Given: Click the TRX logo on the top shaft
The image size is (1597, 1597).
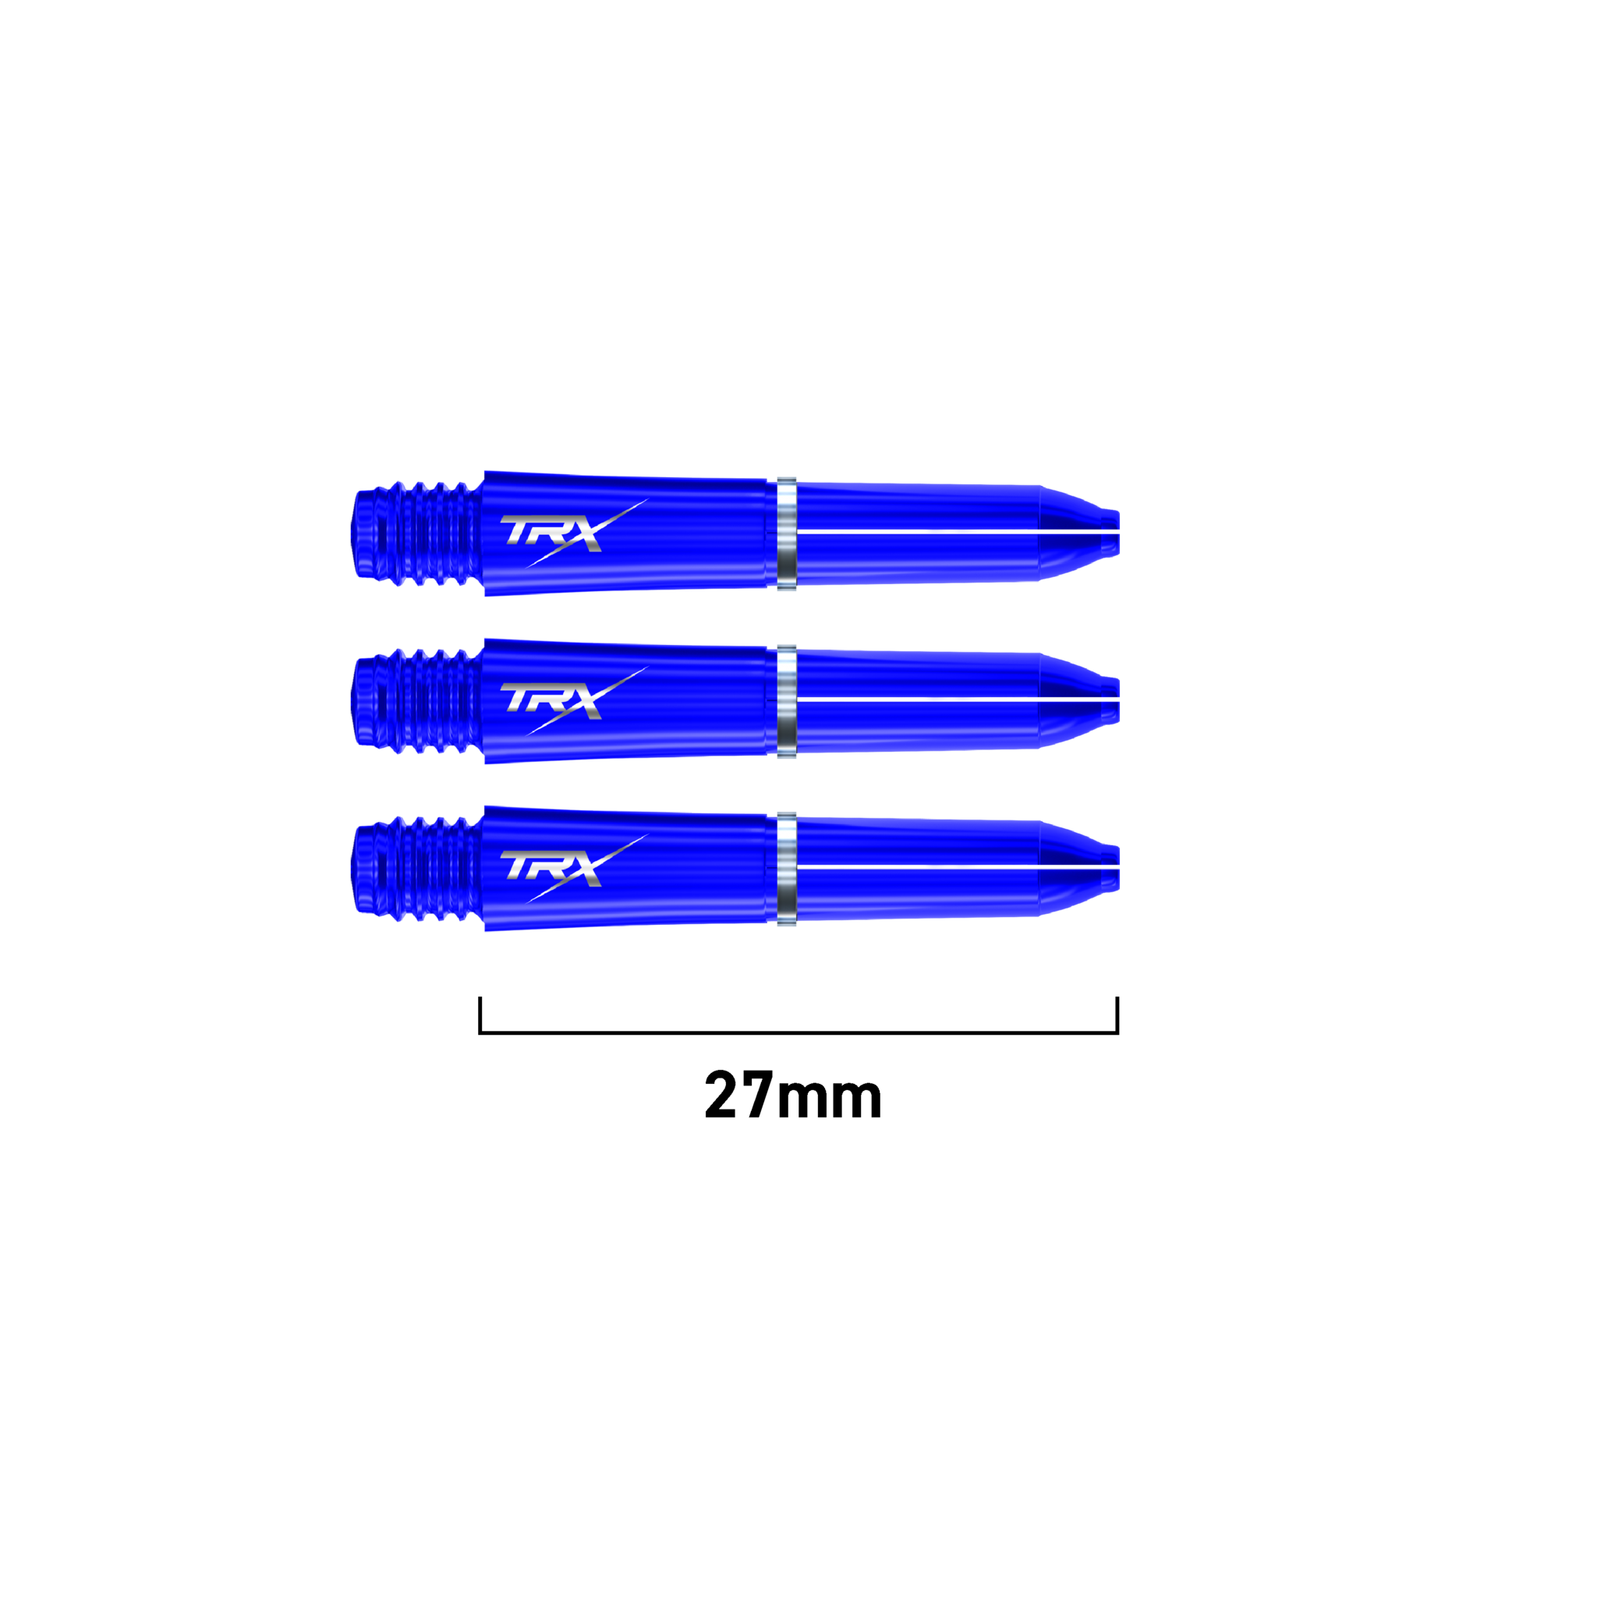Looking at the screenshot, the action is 574,533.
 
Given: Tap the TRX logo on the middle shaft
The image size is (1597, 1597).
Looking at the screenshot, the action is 574,701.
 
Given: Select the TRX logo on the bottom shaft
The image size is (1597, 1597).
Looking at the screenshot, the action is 574,868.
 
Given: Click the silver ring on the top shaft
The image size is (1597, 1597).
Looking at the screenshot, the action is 786,534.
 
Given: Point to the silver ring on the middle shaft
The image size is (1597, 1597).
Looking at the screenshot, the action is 786,702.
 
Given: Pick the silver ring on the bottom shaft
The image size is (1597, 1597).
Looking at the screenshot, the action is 786,869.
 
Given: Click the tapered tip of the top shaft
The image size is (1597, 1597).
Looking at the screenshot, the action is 1078,533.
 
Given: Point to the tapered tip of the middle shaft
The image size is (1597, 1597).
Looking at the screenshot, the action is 1078,701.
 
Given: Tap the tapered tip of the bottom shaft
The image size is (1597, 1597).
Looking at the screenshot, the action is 1078,868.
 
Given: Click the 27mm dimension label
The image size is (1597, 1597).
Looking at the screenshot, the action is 793,1096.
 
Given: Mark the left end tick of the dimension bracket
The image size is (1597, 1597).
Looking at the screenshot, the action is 480,1015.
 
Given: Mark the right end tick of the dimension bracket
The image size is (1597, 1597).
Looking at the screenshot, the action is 1117,1015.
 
